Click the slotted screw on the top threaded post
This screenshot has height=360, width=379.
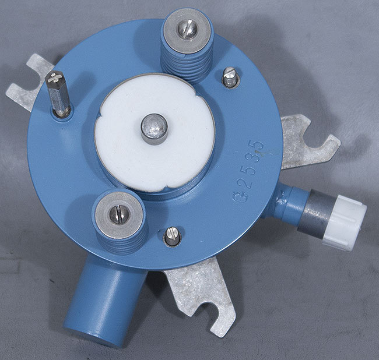[x=188, y=29]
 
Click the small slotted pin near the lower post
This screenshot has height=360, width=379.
[x=172, y=237]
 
